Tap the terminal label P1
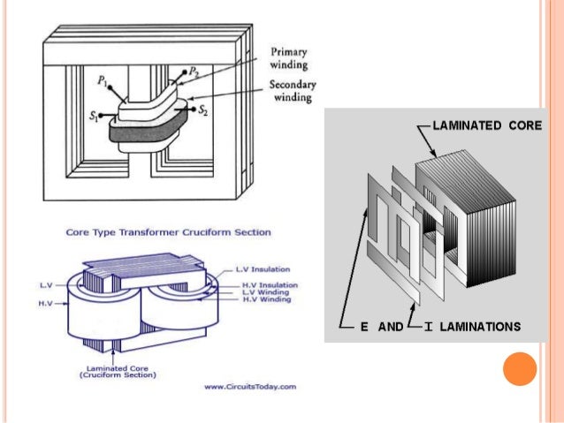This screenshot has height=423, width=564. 103,80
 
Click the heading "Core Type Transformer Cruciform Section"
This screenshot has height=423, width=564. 168,232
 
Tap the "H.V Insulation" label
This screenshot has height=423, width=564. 270,285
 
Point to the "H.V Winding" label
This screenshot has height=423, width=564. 267,300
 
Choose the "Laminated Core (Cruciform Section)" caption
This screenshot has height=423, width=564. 117,371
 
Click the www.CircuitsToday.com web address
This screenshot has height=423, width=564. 250,387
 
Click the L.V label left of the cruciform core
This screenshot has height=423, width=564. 48,285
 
